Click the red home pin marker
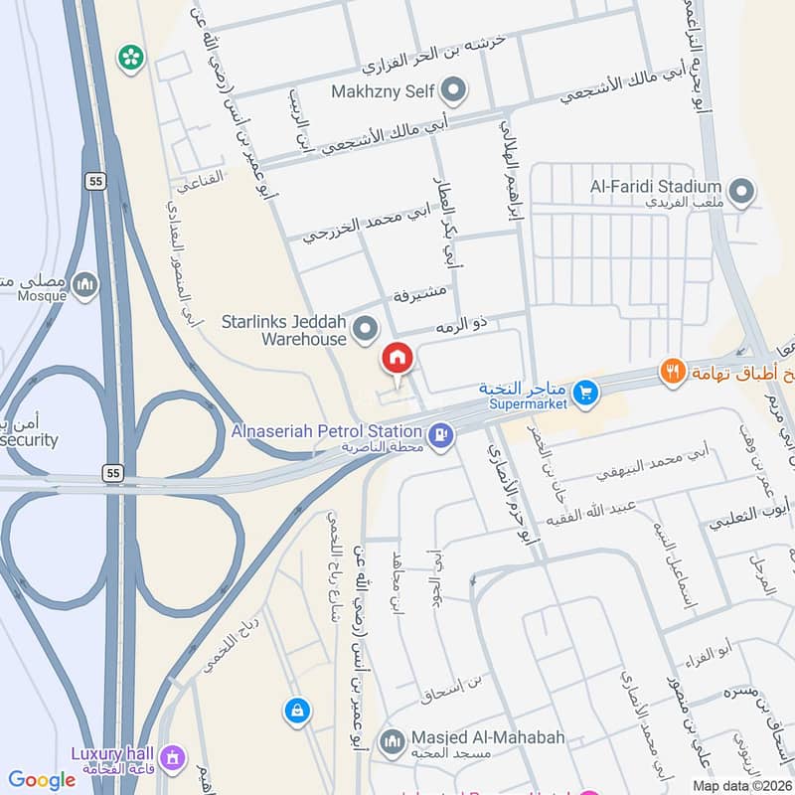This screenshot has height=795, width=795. [x=397, y=358]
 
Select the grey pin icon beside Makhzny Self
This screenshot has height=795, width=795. [x=454, y=91]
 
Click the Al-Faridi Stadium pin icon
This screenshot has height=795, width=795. [x=740, y=189]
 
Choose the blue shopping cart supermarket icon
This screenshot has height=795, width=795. [x=586, y=395]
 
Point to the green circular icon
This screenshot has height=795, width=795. [x=130, y=58]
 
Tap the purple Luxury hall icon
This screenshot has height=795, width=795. [x=177, y=757]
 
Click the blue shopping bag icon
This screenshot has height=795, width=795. [x=296, y=711]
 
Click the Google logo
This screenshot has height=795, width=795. [x=42, y=780]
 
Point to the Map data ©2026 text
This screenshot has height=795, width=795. [x=739, y=785]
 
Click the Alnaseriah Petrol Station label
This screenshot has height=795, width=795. [x=327, y=431]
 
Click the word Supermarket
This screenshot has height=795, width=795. [x=527, y=404]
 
